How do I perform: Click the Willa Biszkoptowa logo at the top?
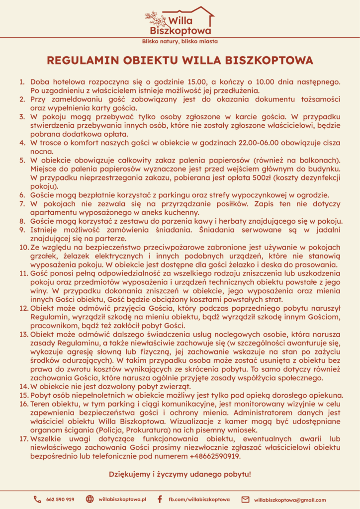[180, 20]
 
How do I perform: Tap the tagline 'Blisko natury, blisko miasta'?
[180, 41]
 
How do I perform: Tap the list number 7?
[22, 204]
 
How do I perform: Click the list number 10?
[23, 248]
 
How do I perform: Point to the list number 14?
[23, 387]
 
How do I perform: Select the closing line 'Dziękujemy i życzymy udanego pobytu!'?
[180, 474]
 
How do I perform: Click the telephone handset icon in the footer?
[37, 500]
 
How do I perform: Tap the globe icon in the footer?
[90, 500]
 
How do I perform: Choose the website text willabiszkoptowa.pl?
[122, 500]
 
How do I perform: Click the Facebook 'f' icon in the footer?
[160, 500]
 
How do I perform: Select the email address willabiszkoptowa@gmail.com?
[290, 500]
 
